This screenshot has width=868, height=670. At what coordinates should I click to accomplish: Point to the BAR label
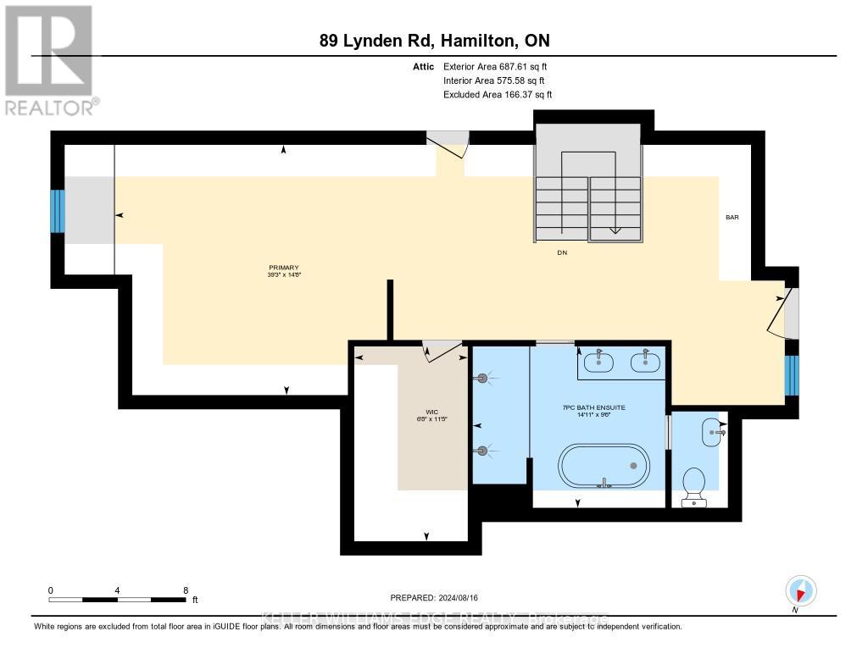[x=732, y=218]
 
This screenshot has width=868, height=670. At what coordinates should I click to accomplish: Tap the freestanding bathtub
[x=604, y=467]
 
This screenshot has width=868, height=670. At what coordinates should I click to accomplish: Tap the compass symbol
[x=800, y=590]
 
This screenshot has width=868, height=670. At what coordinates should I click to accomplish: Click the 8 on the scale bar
[x=185, y=590]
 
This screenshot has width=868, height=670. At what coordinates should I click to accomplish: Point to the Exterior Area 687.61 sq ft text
[x=498, y=66]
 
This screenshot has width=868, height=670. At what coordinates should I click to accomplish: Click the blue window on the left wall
[x=58, y=210]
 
